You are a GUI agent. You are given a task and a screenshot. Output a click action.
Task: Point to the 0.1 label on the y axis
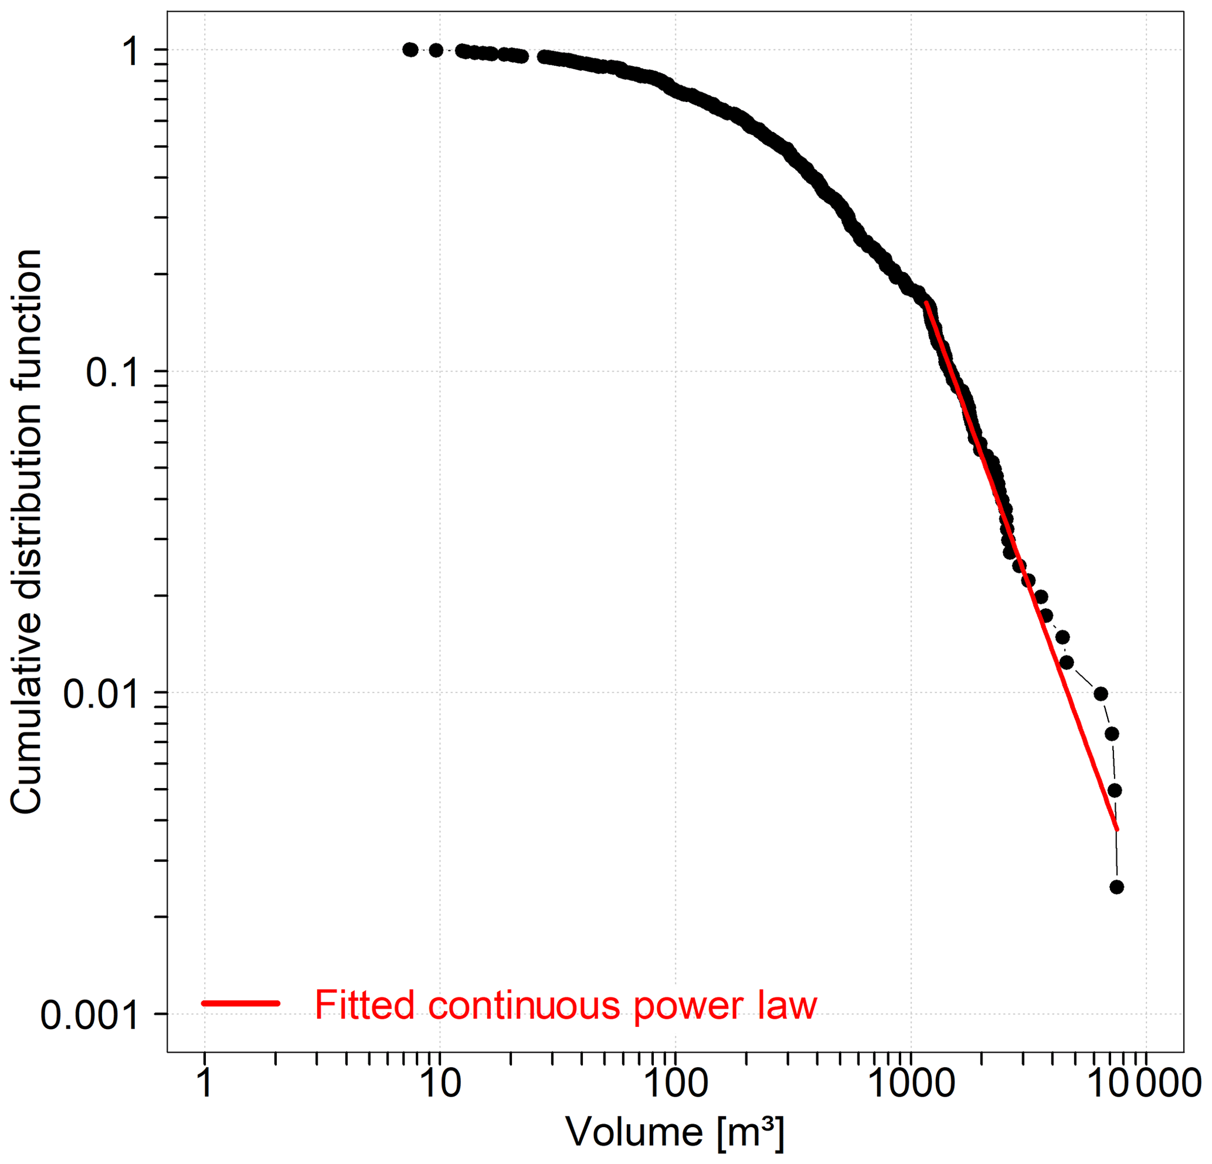click(111, 373)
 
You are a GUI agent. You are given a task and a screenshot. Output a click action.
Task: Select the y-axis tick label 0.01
click(100, 694)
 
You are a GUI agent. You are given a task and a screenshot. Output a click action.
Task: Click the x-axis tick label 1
click(205, 1082)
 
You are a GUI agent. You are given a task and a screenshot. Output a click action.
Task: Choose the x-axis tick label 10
click(440, 1082)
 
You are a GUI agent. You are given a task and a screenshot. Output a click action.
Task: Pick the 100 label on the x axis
click(675, 1082)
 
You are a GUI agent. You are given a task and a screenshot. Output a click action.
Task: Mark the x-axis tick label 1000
click(911, 1082)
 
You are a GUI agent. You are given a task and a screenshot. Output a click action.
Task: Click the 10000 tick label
click(1146, 1082)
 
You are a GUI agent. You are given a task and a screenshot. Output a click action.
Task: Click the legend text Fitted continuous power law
click(566, 1004)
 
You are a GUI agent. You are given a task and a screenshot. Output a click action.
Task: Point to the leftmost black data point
click(410, 50)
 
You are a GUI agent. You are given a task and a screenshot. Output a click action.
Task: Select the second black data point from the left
click(436, 50)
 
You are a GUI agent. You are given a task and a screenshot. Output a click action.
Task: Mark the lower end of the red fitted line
click(1117, 830)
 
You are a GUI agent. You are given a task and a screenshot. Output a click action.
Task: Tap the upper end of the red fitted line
click(926, 303)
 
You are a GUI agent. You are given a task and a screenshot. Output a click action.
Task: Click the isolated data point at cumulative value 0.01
click(1101, 693)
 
